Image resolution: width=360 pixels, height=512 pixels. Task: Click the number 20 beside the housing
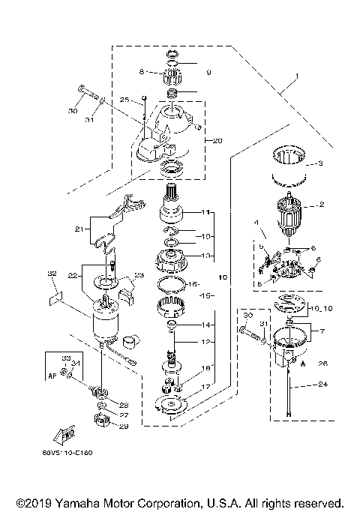click(x=218, y=141)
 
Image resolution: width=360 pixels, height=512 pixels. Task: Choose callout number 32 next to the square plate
click(x=52, y=275)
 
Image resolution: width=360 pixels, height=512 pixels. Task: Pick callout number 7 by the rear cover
click(x=322, y=331)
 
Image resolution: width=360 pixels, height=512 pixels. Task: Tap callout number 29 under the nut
click(x=124, y=427)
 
